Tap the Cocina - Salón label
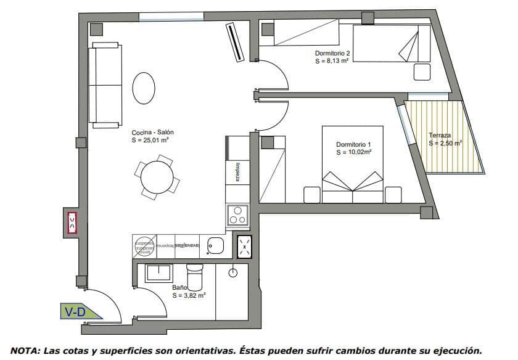pos(152,133)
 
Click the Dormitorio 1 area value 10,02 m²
pos(353,152)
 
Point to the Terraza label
pos(440,135)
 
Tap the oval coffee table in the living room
pos(144,89)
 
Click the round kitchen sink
pos(216,245)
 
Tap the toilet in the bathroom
pos(194,277)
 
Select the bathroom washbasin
pos(158,273)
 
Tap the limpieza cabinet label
pos(237,172)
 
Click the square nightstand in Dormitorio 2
pos(422,72)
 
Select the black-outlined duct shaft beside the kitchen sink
pos(245,247)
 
